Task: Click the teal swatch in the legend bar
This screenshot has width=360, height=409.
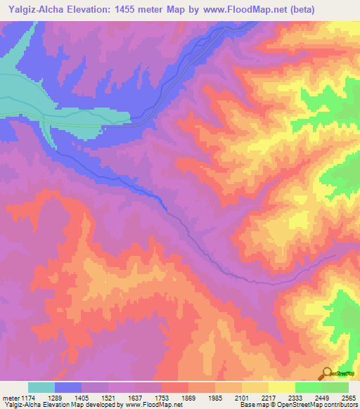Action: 41,387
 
